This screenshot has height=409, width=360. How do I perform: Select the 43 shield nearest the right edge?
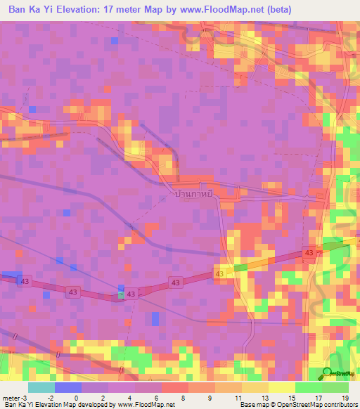point(309,252)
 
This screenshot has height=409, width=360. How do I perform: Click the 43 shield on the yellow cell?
point(219,273)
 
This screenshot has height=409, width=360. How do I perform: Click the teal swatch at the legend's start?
point(41,387)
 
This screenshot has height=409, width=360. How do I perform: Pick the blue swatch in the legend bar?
point(67,387)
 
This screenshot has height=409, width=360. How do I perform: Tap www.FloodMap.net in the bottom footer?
point(148,405)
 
